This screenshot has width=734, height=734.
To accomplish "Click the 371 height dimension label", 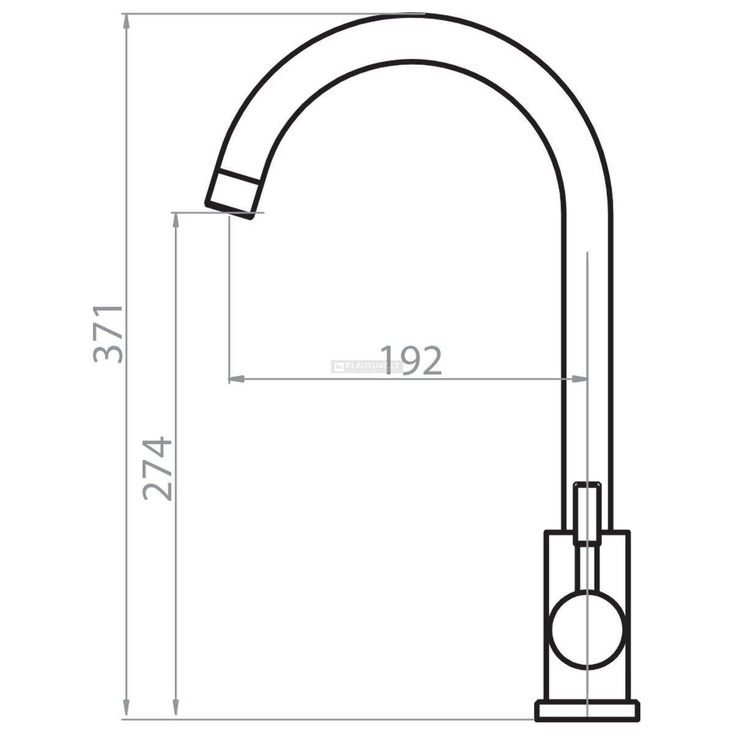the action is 108,335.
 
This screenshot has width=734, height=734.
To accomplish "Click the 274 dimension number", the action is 157,469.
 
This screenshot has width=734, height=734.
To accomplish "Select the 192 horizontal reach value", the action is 411,360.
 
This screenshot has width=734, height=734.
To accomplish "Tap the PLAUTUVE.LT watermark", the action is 366,366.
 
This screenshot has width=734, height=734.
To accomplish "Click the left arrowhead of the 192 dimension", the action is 236,379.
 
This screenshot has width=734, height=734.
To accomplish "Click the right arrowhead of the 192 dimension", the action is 580,379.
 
